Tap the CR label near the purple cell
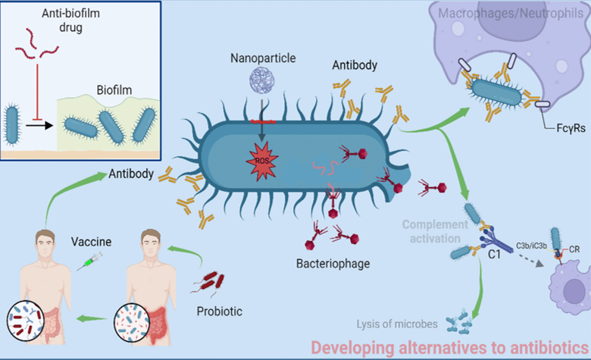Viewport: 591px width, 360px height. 578,246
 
